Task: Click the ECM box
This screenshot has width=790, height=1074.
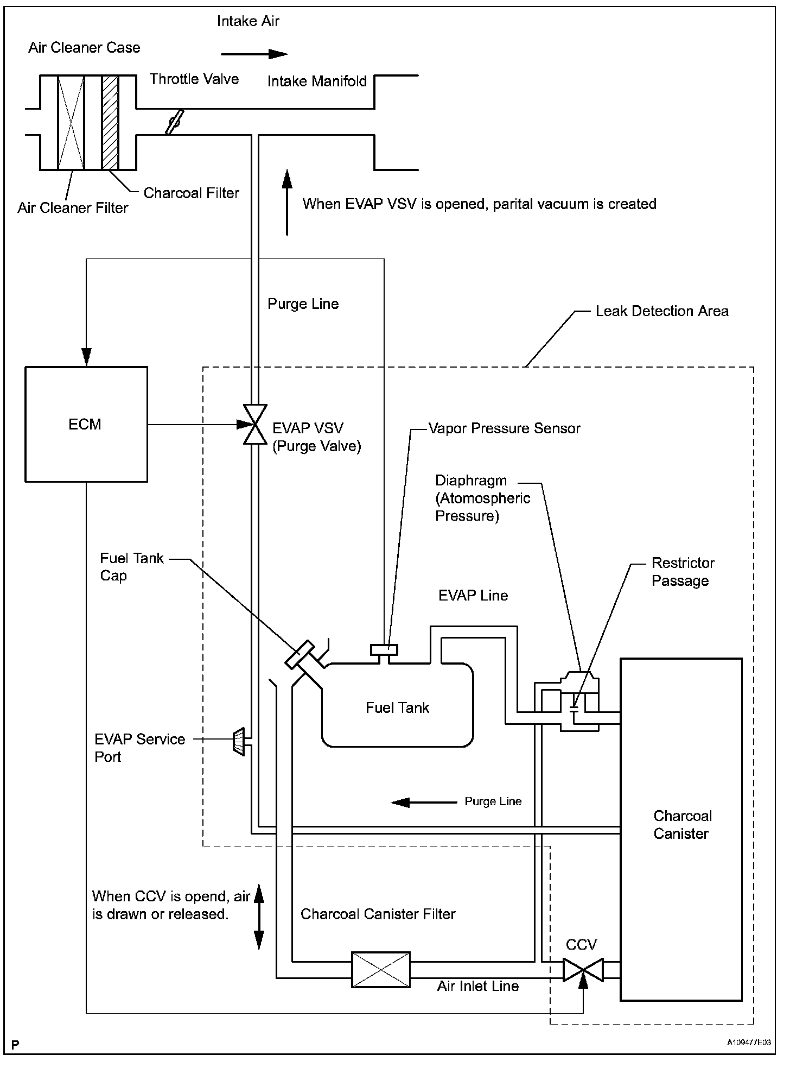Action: [x=86, y=424]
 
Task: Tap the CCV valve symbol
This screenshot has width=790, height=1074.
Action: [x=583, y=970]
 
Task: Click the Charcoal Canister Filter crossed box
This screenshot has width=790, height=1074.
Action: [x=381, y=969]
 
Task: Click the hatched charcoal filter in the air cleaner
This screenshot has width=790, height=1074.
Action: [x=110, y=122]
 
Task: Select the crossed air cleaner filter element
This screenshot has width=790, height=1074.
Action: [x=71, y=122]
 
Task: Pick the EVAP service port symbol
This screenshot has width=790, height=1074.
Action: [x=239, y=741]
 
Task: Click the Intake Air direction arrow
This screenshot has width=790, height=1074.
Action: [x=254, y=54]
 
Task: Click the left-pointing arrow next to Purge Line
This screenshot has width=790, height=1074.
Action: [x=424, y=802]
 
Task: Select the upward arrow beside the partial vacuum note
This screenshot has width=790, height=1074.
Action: [x=287, y=202]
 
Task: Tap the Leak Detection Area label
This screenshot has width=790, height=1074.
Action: [x=662, y=311]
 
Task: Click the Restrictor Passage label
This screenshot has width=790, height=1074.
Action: [x=683, y=572]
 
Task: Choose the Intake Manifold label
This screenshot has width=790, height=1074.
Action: [x=317, y=81]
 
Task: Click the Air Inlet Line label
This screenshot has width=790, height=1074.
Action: [x=478, y=986]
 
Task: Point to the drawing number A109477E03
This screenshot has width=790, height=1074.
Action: [x=749, y=1043]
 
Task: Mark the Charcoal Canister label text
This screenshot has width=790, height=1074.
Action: [x=682, y=825]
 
